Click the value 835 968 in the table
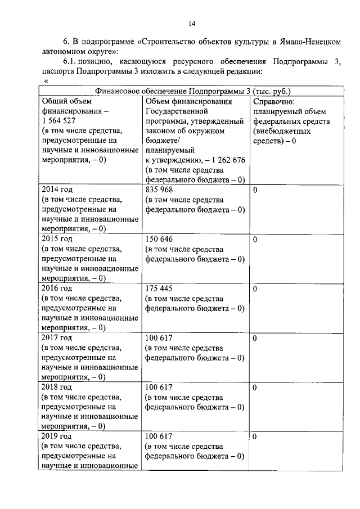pyautogui.click(x=159, y=190)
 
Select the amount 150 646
pyautogui.click(x=159, y=239)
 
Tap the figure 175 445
pyautogui.click(x=159, y=289)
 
